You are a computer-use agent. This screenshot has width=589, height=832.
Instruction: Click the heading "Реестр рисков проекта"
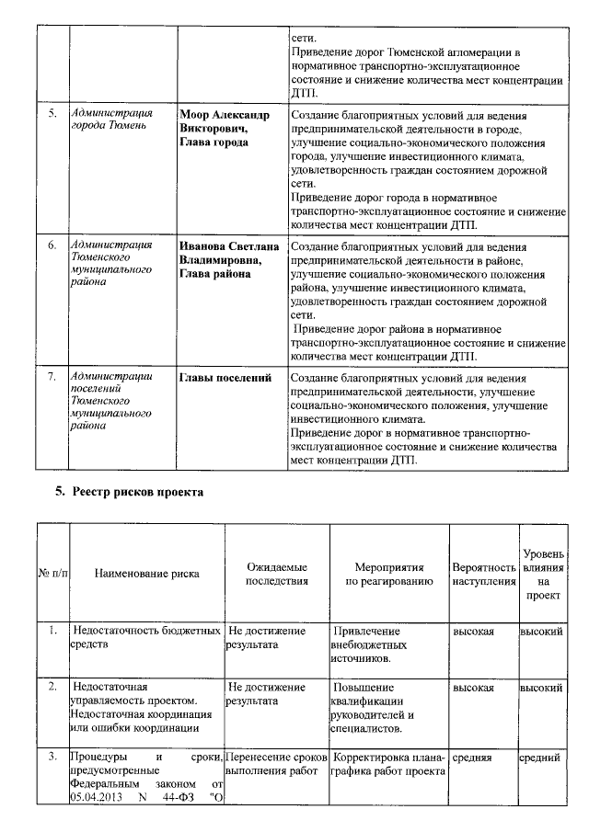(x=137, y=492)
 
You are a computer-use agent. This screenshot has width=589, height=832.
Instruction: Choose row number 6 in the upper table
(x=52, y=246)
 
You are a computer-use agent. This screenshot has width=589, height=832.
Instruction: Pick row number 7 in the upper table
(x=52, y=378)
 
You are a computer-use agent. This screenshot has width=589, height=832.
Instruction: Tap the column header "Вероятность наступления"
(x=484, y=574)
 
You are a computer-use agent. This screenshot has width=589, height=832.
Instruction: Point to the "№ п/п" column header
(x=52, y=574)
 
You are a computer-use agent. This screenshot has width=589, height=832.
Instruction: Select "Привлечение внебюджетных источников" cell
(x=368, y=644)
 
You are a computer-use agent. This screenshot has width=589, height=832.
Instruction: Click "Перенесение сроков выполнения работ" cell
(x=276, y=765)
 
